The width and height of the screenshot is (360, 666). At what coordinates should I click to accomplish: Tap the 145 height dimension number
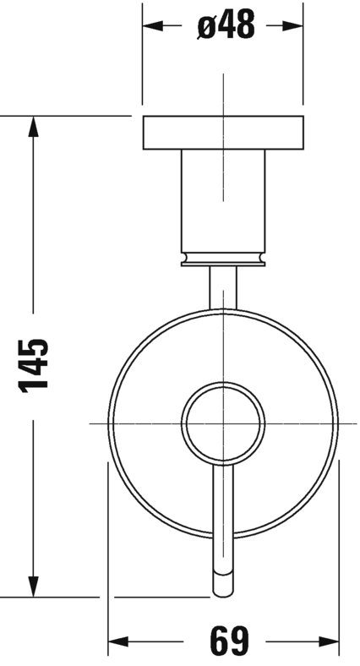coord(34,364)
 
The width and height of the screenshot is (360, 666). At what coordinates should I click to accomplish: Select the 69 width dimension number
coord(223,641)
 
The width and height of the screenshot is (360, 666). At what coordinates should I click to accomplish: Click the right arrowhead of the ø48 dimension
coord(294,26)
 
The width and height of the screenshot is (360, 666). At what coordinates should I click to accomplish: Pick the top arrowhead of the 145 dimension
coord(34,125)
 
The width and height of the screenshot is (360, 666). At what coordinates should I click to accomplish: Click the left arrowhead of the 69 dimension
coord(117,641)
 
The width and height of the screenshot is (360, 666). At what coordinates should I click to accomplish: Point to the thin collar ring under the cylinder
coord(222,259)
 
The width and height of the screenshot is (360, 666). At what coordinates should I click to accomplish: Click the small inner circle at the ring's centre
coord(222,420)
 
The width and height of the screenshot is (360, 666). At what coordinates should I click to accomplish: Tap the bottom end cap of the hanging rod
coord(222,584)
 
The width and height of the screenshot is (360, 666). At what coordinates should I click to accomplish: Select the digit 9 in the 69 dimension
coord(234,641)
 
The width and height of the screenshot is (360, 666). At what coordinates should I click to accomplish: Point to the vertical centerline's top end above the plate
coord(222,78)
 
